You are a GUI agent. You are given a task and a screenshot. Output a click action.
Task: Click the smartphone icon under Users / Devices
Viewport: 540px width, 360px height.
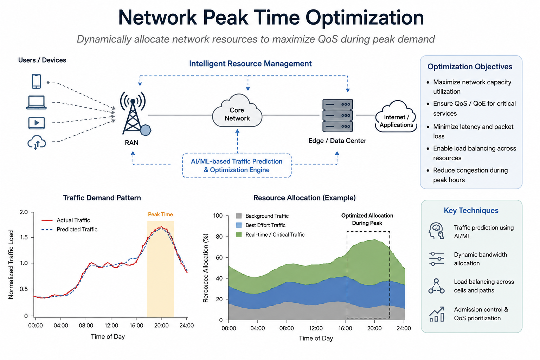point(37,81)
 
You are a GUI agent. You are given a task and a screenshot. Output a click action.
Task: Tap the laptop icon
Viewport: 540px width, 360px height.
point(37,102)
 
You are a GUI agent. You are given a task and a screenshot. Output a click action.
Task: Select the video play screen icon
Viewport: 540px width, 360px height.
point(37,123)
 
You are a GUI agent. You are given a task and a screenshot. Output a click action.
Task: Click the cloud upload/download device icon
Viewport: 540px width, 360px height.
point(37,142)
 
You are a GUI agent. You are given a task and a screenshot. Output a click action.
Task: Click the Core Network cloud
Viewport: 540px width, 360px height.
point(237,111)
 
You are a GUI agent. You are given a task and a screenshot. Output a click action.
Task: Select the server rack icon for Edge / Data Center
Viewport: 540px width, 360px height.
point(337,116)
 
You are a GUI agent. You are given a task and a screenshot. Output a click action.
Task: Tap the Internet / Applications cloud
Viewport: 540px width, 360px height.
point(396,117)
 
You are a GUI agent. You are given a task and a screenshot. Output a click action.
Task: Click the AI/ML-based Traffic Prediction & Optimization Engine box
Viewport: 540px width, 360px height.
point(237,166)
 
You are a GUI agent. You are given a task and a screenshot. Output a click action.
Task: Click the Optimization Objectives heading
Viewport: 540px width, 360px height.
point(470,66)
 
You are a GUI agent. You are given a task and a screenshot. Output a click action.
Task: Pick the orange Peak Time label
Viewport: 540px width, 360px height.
point(160,214)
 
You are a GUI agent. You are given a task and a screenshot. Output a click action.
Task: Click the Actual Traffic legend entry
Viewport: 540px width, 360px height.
point(66,220)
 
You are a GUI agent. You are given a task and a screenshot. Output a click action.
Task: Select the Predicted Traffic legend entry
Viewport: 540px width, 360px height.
point(69,229)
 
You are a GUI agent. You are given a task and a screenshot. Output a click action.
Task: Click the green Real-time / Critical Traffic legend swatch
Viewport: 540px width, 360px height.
point(239,234)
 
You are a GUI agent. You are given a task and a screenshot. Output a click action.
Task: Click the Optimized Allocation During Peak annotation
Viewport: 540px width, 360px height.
point(367,219)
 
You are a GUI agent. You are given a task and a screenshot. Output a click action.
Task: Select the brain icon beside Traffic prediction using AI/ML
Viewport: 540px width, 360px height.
point(436,231)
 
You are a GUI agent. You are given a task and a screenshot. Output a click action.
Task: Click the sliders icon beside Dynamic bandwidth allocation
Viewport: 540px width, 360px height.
point(437,259)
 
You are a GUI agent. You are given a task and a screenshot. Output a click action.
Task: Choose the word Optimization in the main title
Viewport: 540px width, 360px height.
point(365,18)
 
